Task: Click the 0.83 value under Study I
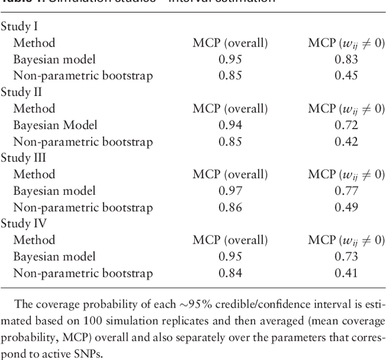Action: click(x=346, y=60)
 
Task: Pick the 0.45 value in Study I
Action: click(x=346, y=76)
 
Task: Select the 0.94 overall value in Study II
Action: click(x=230, y=125)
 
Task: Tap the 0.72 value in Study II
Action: click(x=346, y=125)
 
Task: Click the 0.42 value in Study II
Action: click(x=346, y=142)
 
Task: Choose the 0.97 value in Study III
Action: click(x=230, y=191)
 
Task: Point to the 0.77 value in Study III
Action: click(x=346, y=191)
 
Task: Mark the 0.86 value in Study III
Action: click(x=230, y=207)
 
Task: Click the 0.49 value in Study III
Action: click(x=346, y=207)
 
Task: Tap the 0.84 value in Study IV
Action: click(x=230, y=273)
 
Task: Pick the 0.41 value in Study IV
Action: click(x=346, y=273)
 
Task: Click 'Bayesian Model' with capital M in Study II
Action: click(x=55, y=125)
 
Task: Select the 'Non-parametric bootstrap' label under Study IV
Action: click(x=83, y=273)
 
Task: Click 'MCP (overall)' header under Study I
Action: click(x=230, y=43)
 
